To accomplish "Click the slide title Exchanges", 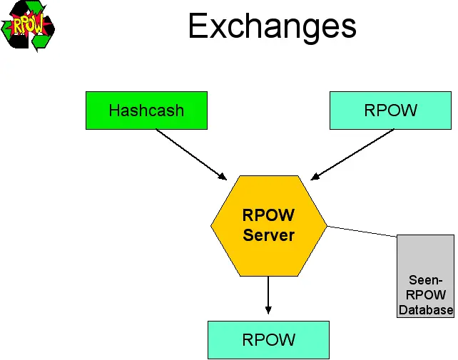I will [x=272, y=26].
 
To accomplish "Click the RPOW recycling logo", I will [x=28, y=26].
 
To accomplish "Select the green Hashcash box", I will [x=146, y=110].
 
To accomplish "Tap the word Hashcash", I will [x=146, y=110].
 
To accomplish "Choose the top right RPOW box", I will [x=390, y=110].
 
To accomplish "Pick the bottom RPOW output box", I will [x=268, y=339].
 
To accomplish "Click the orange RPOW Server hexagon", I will [x=268, y=225].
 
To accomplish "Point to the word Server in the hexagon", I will [x=268, y=235].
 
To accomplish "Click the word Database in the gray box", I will [x=426, y=310].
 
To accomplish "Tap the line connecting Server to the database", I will [x=362, y=231].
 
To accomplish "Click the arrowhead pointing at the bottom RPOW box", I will [x=268, y=309].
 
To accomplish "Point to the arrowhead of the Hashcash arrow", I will [x=223, y=177].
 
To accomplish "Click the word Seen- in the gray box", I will [x=425, y=280].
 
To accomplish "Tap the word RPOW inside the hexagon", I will [x=268, y=215].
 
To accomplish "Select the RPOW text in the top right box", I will [x=390, y=110].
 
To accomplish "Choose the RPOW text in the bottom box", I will [x=268, y=339].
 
